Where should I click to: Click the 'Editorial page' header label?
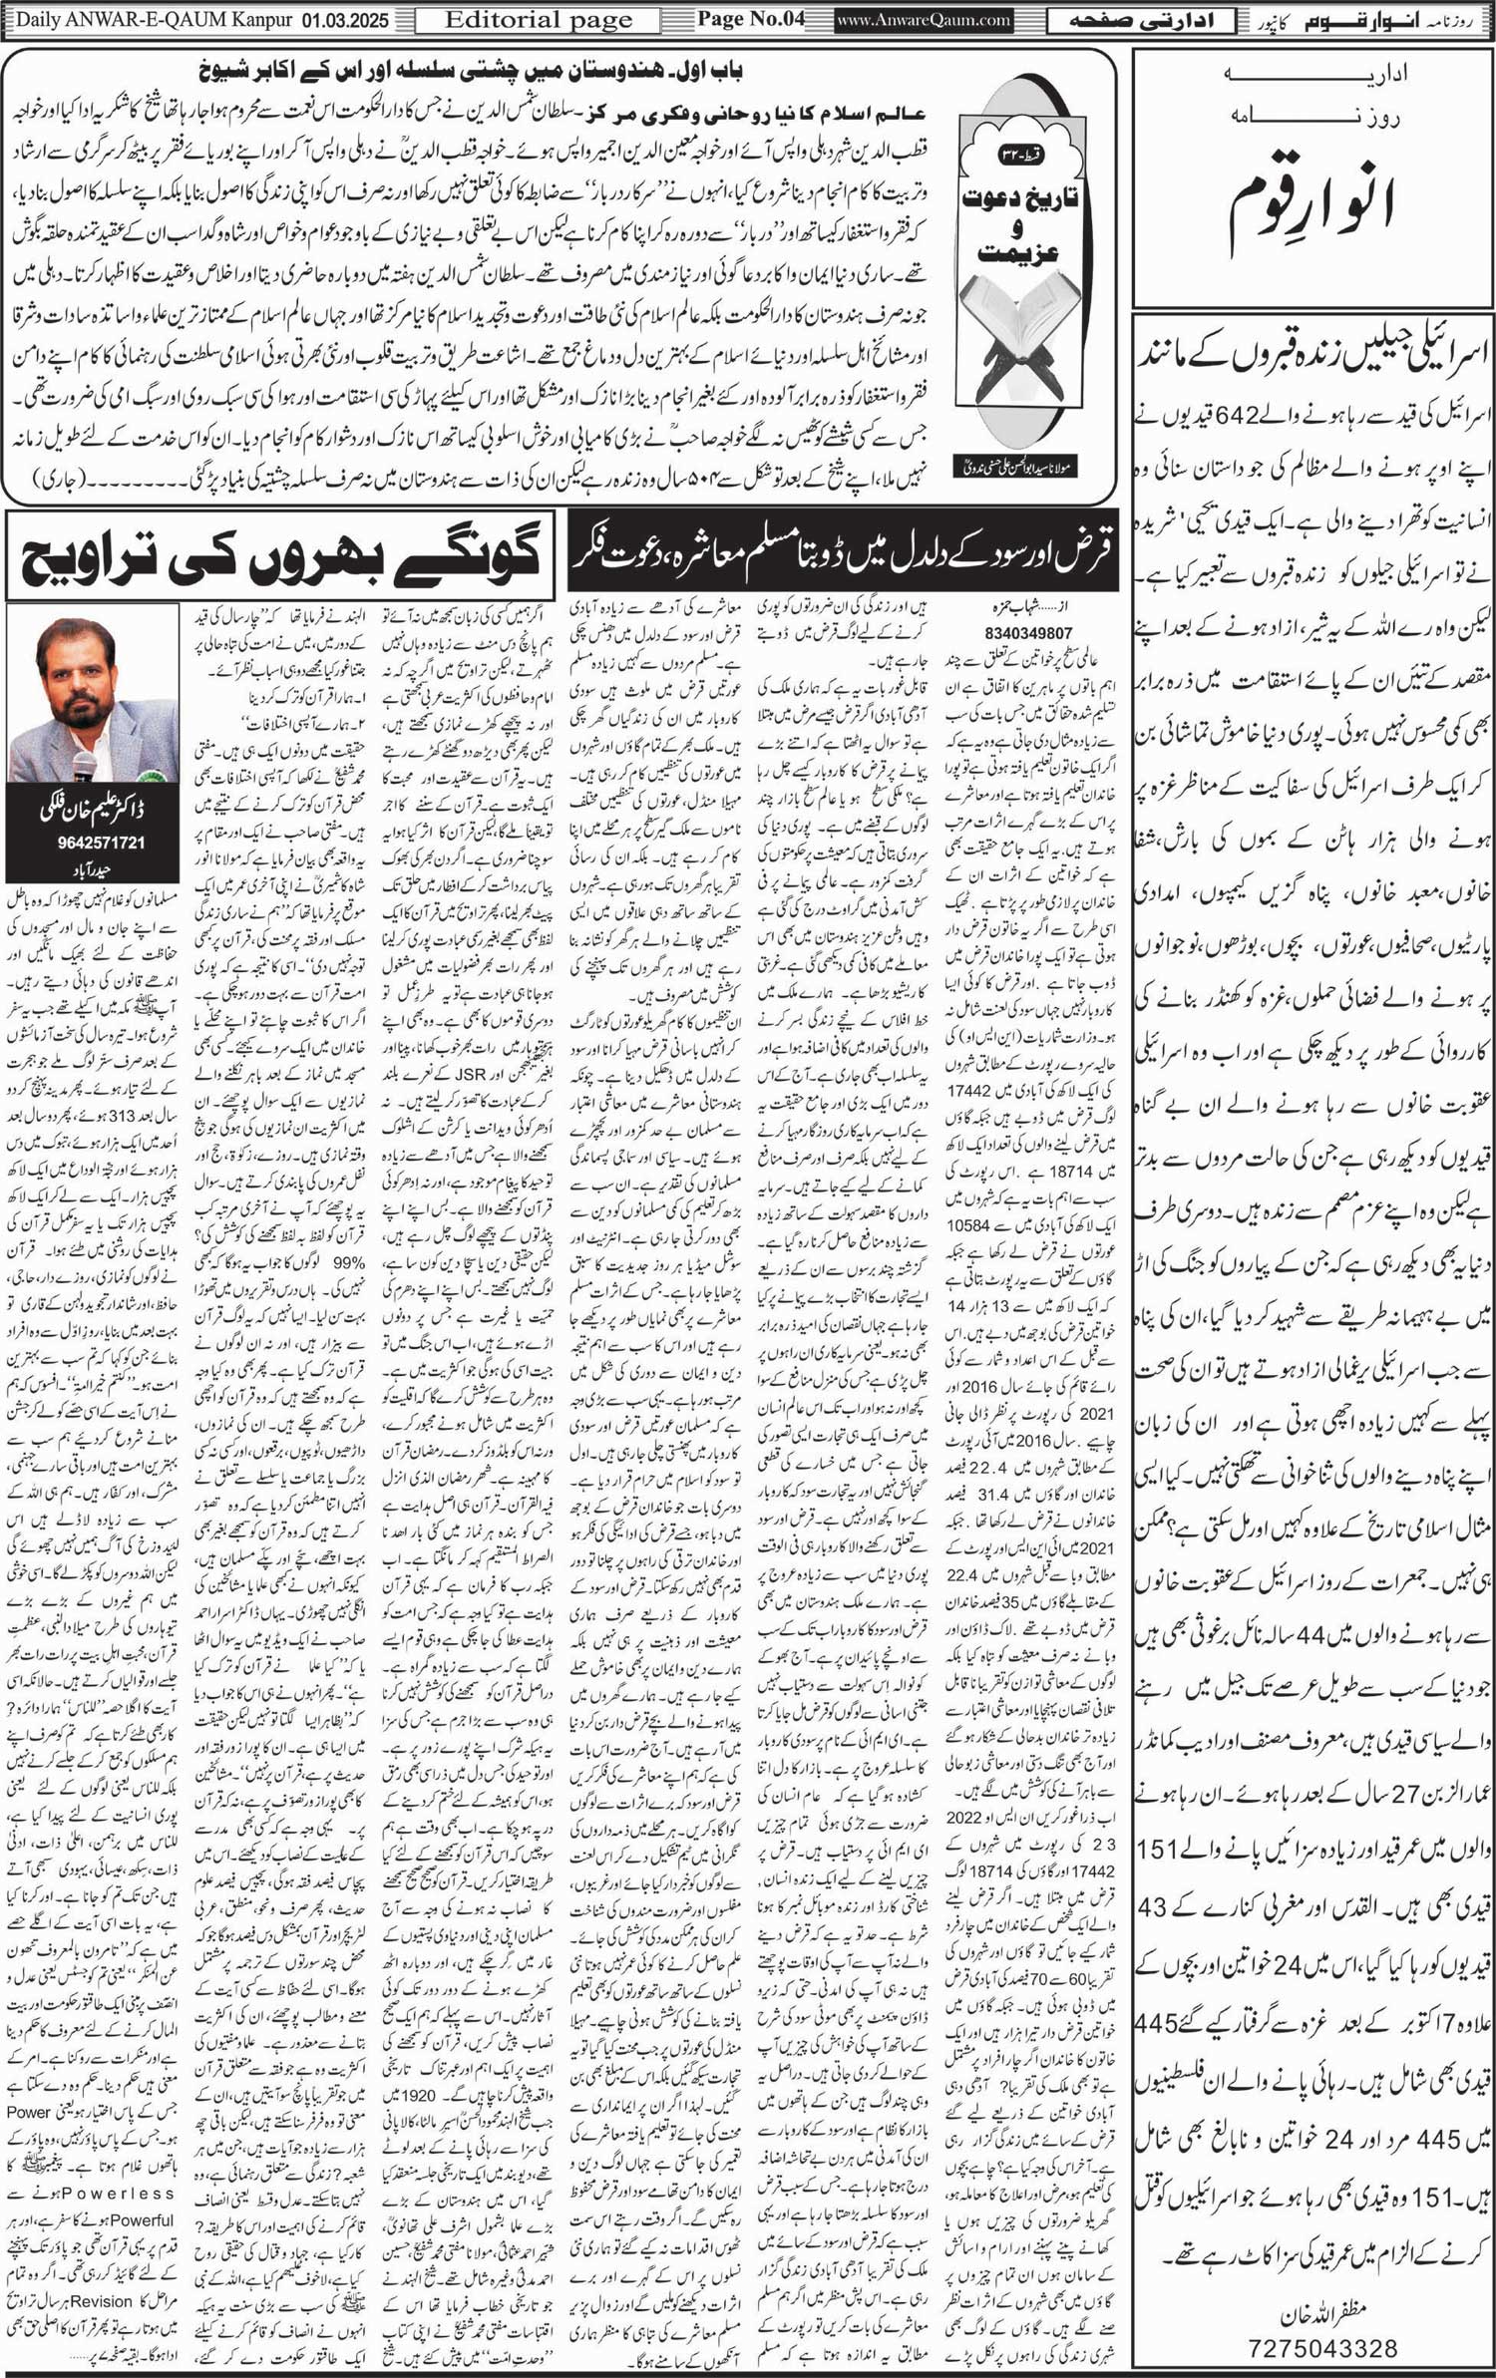(x=538, y=19)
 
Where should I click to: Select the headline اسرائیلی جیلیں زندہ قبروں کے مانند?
(x=1315, y=354)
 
